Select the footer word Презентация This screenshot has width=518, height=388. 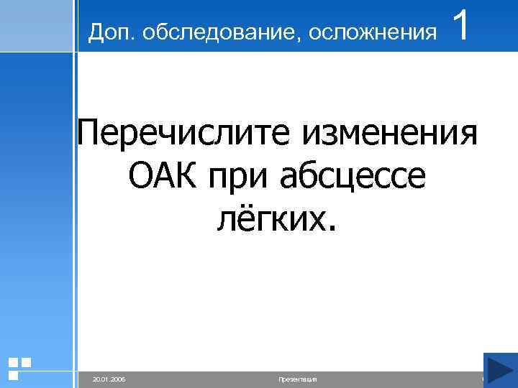pos(297,379)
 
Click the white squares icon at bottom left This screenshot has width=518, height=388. pos(19,367)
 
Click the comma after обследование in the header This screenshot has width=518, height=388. pos(273,37)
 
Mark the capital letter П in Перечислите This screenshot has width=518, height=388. pos(91,134)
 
